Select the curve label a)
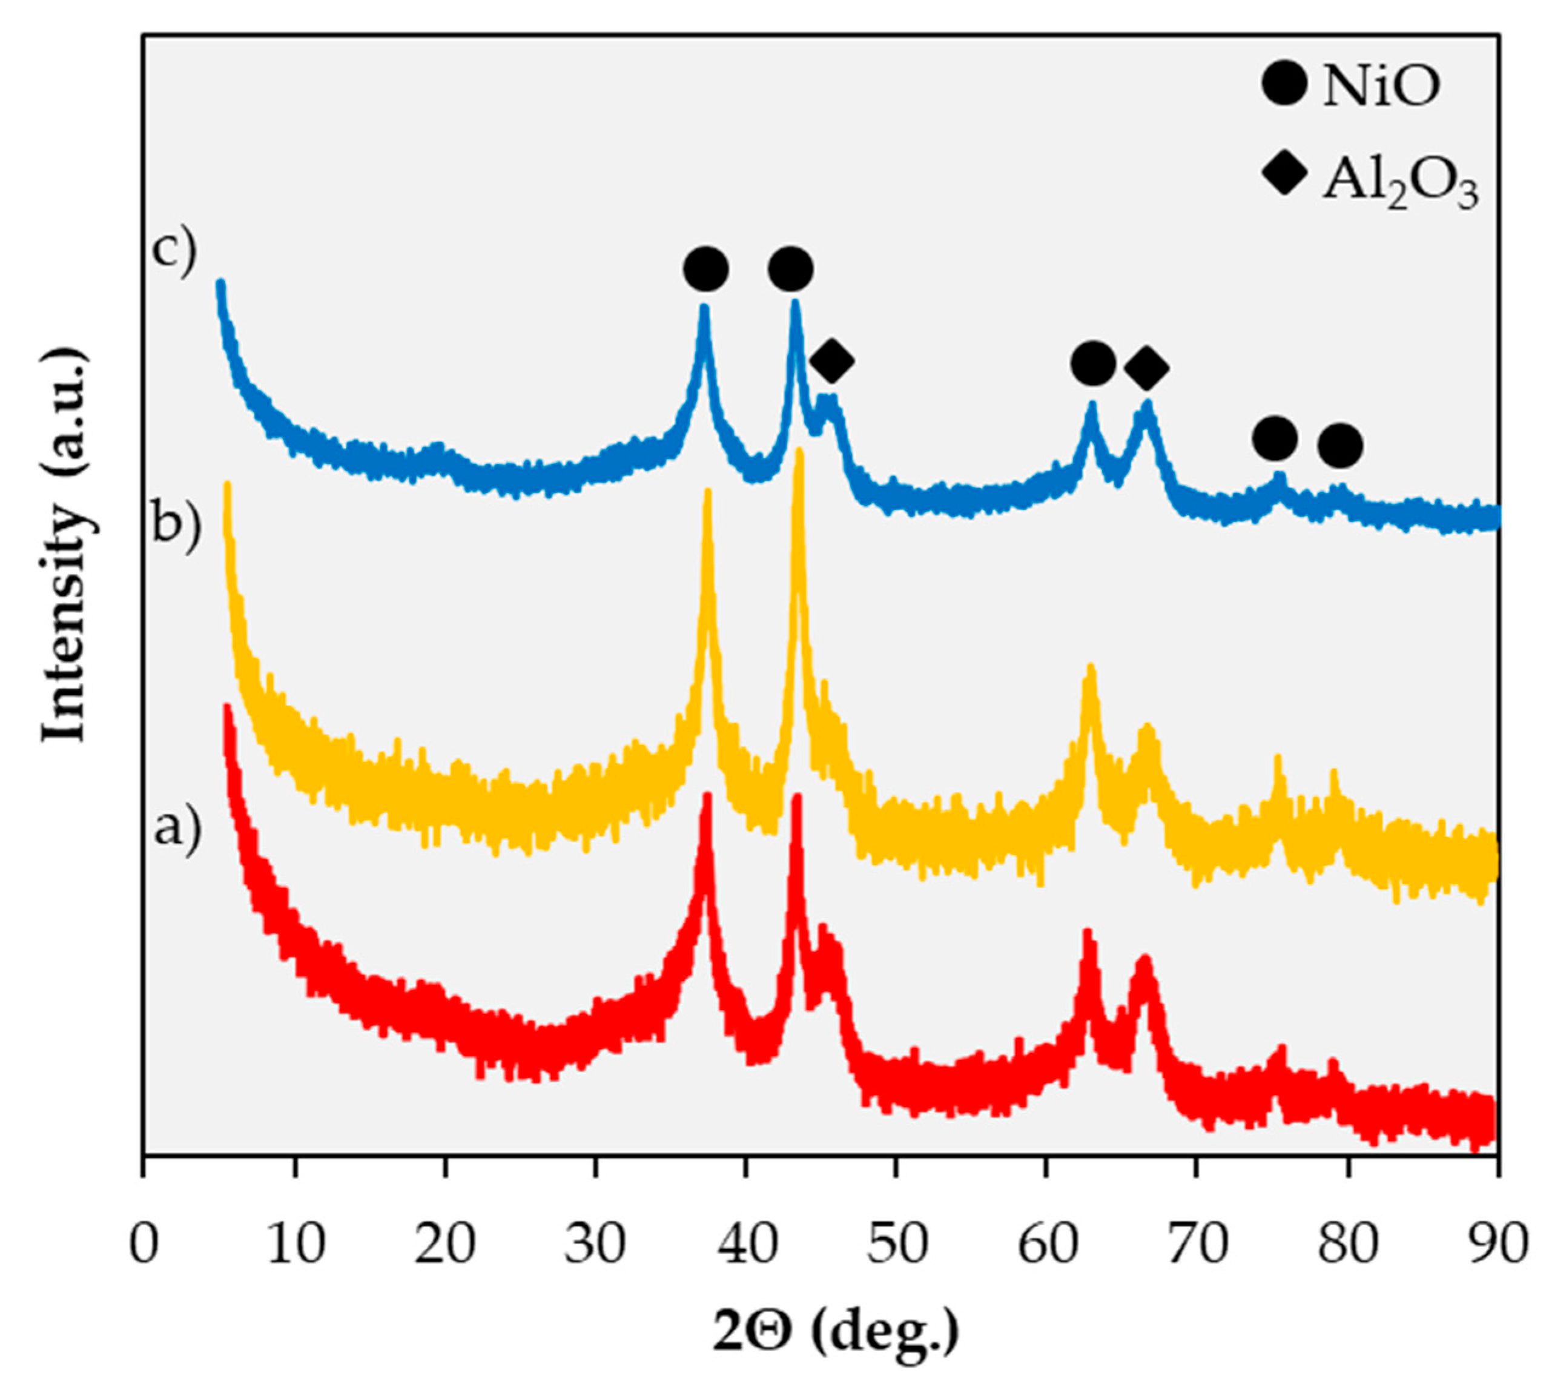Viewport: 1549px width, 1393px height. pyautogui.click(x=177, y=827)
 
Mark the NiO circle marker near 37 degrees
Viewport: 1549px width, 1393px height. pyautogui.click(x=705, y=270)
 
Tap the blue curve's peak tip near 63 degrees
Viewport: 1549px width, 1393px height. pyautogui.click(x=1092, y=406)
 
